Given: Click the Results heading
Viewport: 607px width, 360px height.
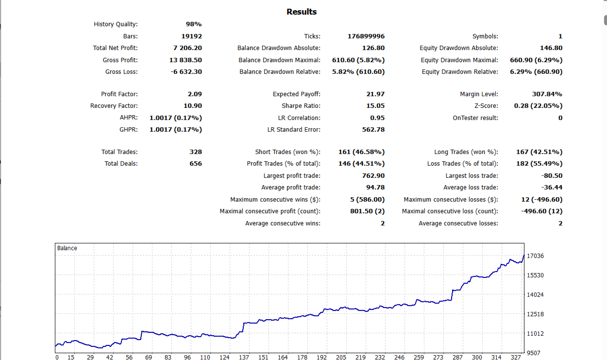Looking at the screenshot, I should point(301,12).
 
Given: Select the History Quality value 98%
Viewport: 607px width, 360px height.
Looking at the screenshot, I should point(193,24).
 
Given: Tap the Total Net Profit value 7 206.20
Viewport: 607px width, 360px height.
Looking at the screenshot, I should point(187,48).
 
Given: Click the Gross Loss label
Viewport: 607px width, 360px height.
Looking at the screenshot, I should point(121,72).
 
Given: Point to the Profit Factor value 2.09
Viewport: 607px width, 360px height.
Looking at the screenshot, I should point(195,94).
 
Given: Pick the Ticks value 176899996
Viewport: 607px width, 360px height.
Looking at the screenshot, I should point(366,36).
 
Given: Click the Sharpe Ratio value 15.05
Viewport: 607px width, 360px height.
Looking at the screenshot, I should point(375,106).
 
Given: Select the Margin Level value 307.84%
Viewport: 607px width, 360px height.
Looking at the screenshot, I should point(547,94).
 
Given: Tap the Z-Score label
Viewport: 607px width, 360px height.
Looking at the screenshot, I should point(486,106).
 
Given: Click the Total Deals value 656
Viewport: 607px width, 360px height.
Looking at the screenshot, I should point(196,164).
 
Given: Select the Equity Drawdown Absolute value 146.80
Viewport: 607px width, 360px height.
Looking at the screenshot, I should point(551,48).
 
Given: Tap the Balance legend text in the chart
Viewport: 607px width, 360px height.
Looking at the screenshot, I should point(67,248).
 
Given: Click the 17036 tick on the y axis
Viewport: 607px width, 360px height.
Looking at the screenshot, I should point(535,256).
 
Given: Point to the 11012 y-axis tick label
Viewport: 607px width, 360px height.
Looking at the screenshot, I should point(535,334).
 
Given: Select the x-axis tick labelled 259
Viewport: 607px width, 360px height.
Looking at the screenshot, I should point(419,357).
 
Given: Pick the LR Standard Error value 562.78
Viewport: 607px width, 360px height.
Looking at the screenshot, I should point(373,130).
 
